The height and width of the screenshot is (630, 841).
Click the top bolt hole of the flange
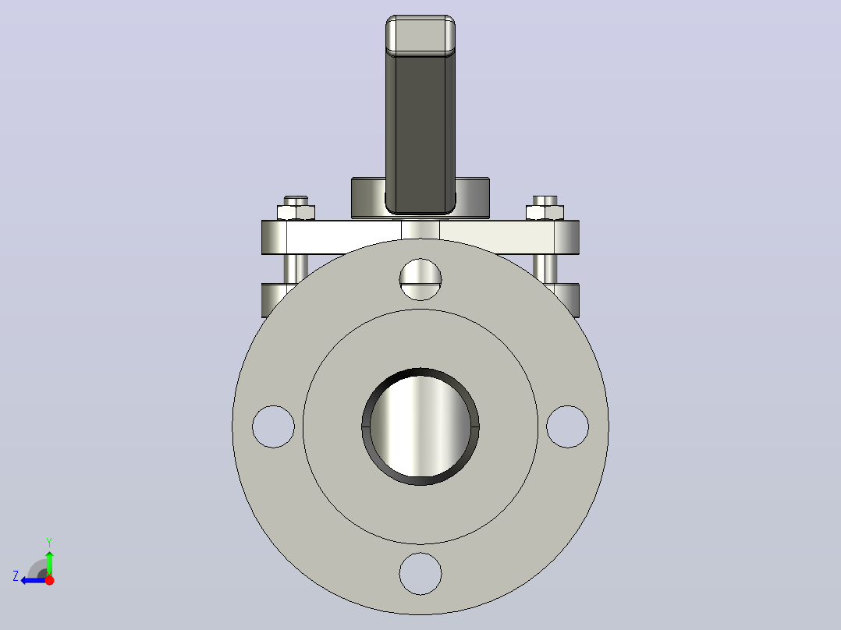(420, 279)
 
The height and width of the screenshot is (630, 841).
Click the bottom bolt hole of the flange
(420, 574)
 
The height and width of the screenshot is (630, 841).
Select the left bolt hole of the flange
(274, 426)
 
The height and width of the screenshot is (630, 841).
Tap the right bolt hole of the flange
(567, 426)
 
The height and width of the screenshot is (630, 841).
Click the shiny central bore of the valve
(420, 426)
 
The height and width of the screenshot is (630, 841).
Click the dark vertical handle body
(420, 131)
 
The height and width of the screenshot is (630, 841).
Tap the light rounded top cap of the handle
(420, 35)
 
